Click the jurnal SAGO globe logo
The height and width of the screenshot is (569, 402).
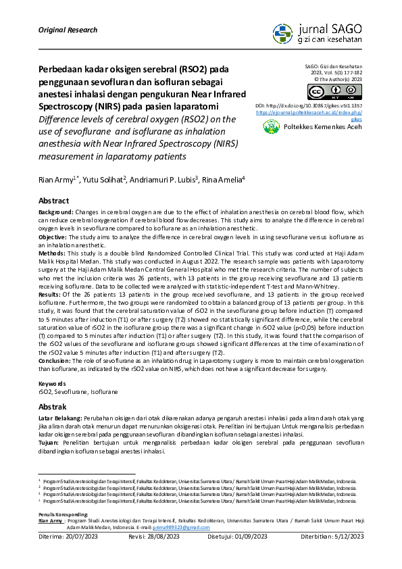(x=283, y=33)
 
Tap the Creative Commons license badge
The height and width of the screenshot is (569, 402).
(x=334, y=93)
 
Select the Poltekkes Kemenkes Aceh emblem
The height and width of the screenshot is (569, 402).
(x=272, y=126)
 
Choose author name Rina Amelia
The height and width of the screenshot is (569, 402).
(x=224, y=179)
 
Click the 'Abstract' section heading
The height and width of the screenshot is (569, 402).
(x=53, y=201)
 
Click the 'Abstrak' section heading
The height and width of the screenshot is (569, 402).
(x=52, y=407)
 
